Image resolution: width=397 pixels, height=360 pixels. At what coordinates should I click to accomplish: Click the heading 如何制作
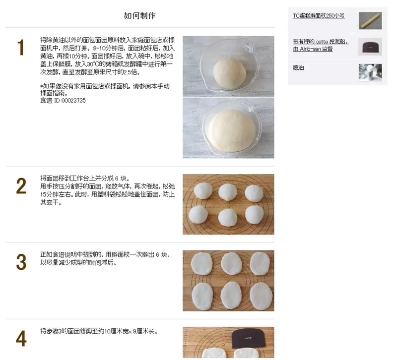point(140,16)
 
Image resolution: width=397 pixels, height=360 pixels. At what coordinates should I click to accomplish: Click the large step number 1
point(20,47)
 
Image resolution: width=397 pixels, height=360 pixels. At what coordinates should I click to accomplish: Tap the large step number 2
point(21,186)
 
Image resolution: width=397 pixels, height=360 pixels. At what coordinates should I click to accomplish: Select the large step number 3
point(21,262)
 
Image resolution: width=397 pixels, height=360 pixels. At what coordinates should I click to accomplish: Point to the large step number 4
point(21,339)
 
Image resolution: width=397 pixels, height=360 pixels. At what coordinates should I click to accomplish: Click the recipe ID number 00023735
point(73,101)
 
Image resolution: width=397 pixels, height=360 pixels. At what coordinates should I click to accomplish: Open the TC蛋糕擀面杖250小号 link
point(319,16)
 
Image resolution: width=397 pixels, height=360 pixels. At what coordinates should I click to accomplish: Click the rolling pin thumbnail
point(370,21)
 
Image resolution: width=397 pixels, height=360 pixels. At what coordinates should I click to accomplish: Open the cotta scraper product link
point(321,45)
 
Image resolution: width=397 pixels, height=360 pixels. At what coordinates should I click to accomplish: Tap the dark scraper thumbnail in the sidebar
point(370,47)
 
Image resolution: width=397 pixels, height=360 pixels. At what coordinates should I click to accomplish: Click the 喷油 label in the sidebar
point(298,67)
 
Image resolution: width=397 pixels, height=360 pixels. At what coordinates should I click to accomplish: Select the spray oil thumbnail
point(370,72)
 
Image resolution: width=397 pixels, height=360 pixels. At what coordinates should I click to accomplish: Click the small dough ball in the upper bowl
point(229,73)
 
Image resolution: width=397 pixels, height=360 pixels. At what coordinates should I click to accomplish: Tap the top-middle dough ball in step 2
point(228,192)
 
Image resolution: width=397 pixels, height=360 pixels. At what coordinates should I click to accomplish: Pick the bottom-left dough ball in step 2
point(198,215)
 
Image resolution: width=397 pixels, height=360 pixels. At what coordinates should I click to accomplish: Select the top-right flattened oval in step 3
point(260,263)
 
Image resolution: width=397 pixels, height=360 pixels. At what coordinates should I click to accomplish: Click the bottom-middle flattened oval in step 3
point(231,296)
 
